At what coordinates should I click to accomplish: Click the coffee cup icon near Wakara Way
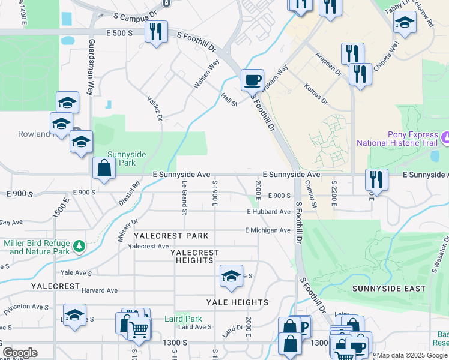252,79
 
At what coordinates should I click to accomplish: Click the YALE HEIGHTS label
237,302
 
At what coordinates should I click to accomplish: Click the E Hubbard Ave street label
268,212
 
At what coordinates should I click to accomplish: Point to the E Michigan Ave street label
268,230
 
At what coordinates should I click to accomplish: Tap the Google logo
20,353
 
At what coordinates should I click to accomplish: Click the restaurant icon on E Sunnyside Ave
376,179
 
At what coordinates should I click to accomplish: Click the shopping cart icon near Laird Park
139,328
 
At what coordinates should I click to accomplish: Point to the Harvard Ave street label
100,290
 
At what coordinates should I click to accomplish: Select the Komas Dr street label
315,94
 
